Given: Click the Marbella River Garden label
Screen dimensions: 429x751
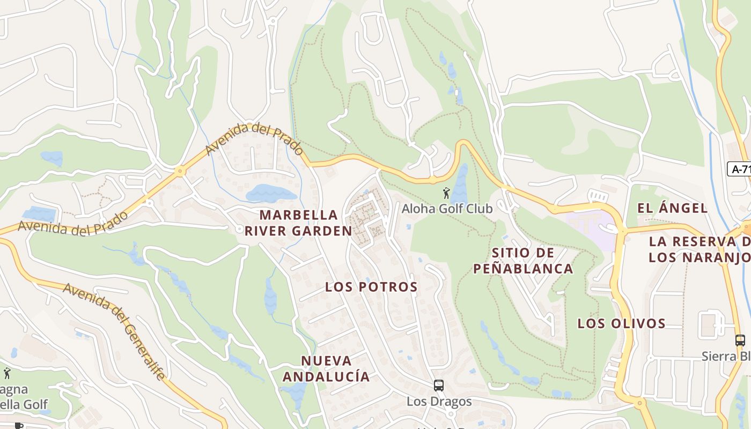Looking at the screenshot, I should pos(299,223).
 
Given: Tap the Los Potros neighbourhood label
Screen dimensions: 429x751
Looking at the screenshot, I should pos(371,287).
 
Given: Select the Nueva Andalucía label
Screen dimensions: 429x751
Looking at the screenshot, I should pos(326,368).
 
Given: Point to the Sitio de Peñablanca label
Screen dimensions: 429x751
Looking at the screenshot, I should pos(523,261).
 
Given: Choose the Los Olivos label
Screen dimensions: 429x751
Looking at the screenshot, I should pos(621,323).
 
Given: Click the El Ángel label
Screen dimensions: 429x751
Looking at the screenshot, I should pos(672,208).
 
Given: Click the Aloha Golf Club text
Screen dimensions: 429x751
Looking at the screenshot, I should pos(447,209).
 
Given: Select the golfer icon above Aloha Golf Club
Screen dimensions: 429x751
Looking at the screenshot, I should pos(446,193).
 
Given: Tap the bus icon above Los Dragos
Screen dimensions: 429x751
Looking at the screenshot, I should pos(439,385).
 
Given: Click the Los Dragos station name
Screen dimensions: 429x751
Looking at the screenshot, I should pos(439,401).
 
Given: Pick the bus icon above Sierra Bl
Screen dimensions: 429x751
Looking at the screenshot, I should pos(740,340).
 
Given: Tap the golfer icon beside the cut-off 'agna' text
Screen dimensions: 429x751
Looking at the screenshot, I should pos(7,373).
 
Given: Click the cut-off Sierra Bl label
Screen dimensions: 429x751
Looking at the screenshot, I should pos(726,356).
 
